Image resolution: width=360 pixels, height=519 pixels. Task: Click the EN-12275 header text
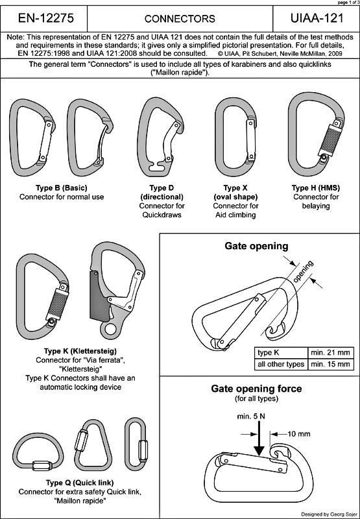pyautogui.click(x=45, y=18)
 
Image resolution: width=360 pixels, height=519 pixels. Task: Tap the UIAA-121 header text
pyautogui.click(x=317, y=18)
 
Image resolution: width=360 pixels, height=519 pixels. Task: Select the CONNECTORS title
pyautogui.click(x=180, y=19)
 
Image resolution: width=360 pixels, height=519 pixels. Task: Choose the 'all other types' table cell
pyautogui.click(x=281, y=364)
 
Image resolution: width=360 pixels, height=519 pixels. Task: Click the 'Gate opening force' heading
pyautogui.click(x=256, y=388)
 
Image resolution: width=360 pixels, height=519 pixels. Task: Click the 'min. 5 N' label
pyautogui.click(x=251, y=416)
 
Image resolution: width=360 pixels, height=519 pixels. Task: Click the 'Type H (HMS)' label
pyautogui.click(x=316, y=188)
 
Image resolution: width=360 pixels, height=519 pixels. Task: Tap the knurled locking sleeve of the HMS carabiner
pyautogui.click(x=329, y=139)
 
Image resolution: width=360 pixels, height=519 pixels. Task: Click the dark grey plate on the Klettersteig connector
pyautogui.click(x=99, y=296)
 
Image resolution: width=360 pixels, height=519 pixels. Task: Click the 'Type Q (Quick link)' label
pyautogui.click(x=79, y=482)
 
